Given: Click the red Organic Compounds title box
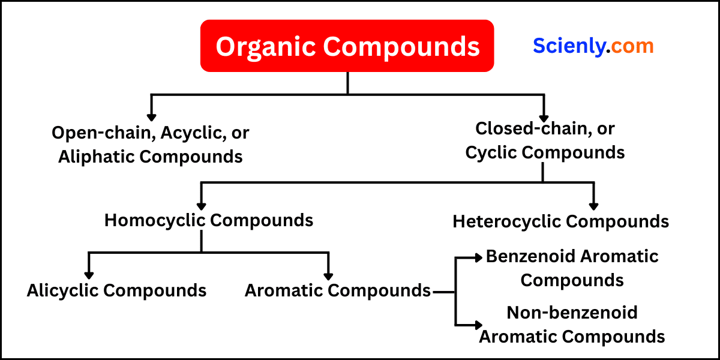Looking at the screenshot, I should pos(347,46).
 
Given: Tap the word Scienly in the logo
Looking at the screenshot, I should pos(568,46).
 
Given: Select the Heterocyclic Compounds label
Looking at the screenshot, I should pos(560,221).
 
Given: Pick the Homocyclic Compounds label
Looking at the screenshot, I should pos(209,220).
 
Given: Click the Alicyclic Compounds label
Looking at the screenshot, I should pos(116,290).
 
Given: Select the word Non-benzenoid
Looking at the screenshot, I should pos(572,313).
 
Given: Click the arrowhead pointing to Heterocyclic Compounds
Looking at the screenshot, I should pos(593,206).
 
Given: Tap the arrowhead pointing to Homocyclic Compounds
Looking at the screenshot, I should pos(202,205).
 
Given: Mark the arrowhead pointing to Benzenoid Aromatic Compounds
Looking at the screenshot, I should pos(478,257).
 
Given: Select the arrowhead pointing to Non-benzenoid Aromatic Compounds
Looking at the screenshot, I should pos(478,325).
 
